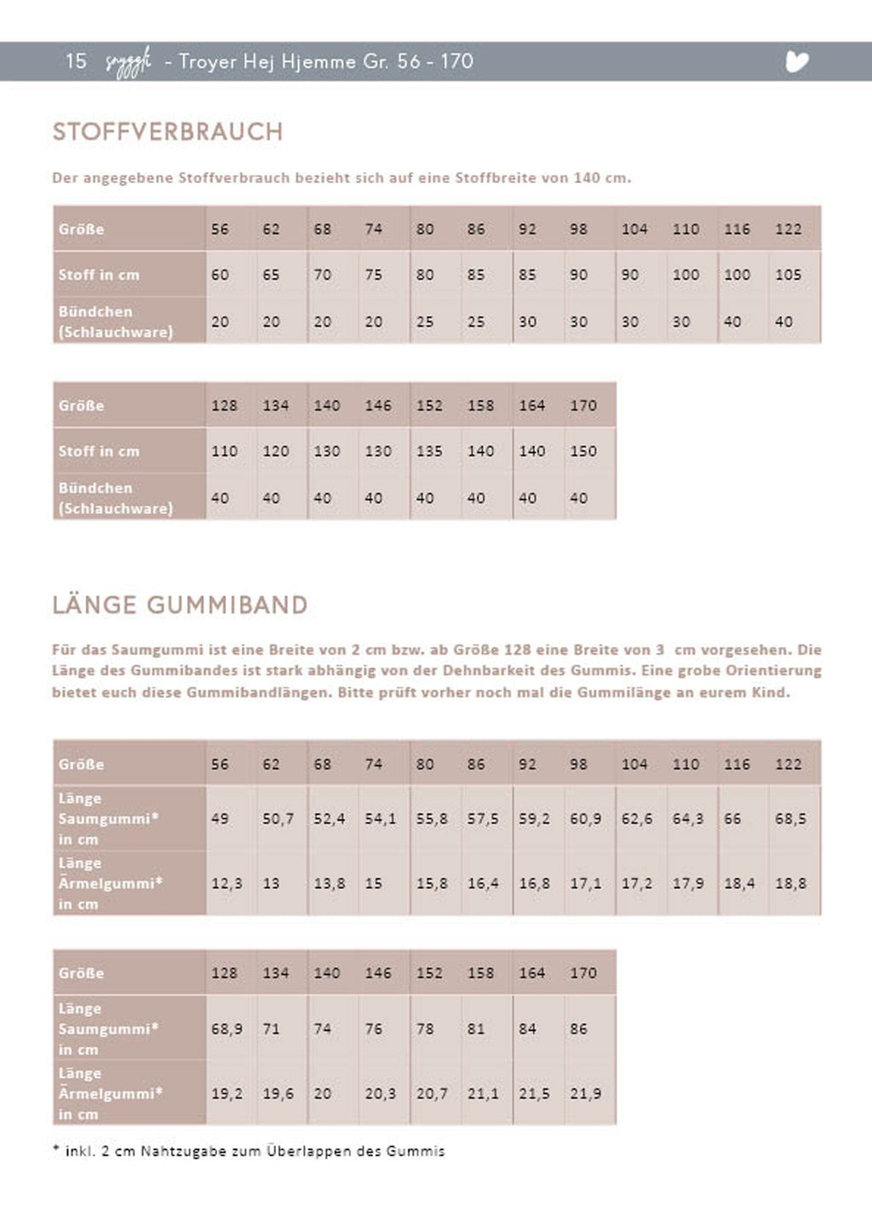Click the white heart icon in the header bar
(x=796, y=61)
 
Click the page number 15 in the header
(x=76, y=61)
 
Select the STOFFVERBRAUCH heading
(x=168, y=132)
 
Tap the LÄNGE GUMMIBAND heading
(x=180, y=605)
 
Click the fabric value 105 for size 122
(x=788, y=275)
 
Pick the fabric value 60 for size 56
(x=220, y=275)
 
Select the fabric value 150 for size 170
(x=583, y=451)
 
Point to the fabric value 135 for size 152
(x=429, y=451)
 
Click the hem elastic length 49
(x=220, y=819)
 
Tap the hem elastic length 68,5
(x=790, y=819)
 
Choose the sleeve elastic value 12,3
(x=227, y=884)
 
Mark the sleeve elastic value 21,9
(x=586, y=1093)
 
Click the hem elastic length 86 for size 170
(x=579, y=1029)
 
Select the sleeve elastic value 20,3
(x=381, y=1093)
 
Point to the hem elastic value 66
(x=732, y=819)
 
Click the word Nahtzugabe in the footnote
(x=181, y=1151)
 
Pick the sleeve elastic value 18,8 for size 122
(x=790, y=884)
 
